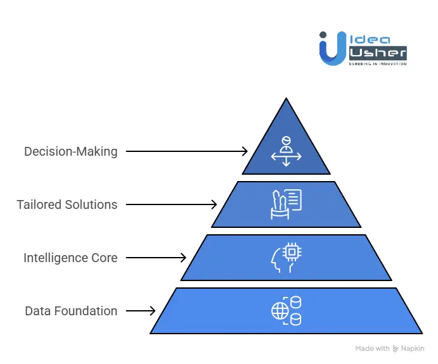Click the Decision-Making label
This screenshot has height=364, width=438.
click(x=70, y=152)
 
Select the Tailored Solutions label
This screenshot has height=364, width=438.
click(x=67, y=204)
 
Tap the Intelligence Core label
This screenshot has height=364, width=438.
click(x=70, y=258)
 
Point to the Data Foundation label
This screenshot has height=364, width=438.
click(x=71, y=311)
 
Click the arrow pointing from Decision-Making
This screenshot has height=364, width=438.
click(x=186, y=151)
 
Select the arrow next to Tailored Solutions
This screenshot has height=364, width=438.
click(x=171, y=204)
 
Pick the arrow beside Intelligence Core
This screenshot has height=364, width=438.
click(x=156, y=258)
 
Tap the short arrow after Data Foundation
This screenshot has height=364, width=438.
click(x=141, y=311)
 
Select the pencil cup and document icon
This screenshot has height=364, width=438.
click(x=286, y=204)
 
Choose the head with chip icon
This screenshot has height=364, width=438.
click(x=286, y=257)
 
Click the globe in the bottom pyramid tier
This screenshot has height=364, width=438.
click(x=279, y=311)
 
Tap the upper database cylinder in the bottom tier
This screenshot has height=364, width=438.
click(x=295, y=303)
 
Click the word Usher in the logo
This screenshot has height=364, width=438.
click(x=378, y=53)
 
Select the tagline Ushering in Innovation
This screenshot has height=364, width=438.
click(x=378, y=64)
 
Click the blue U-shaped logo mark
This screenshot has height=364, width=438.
click(x=333, y=51)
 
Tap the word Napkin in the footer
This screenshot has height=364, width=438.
click(x=413, y=348)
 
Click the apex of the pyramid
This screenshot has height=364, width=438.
click(x=287, y=100)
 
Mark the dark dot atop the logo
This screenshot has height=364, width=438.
click(x=323, y=35)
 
